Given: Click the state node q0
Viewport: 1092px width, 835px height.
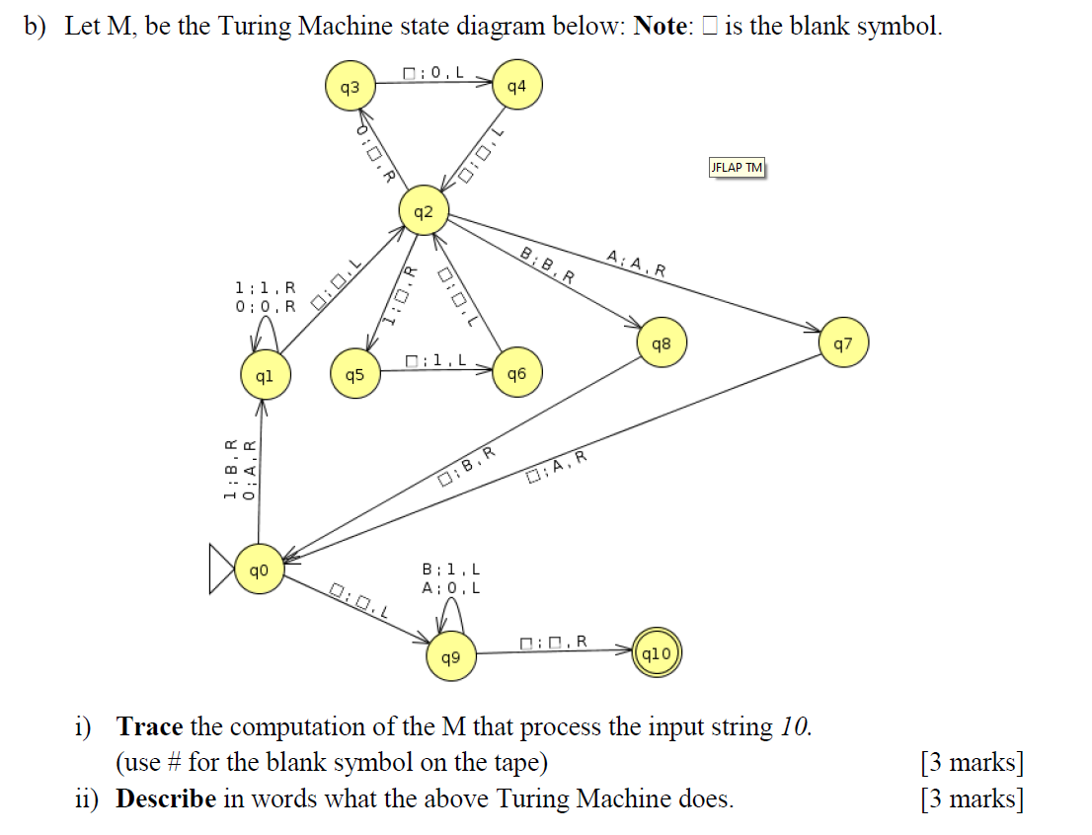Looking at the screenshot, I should tap(260, 570).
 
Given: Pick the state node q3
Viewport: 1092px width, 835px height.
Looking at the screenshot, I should tap(351, 88).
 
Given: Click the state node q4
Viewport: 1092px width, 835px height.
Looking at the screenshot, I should tap(516, 88).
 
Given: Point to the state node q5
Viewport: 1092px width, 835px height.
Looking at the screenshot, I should tap(355, 375).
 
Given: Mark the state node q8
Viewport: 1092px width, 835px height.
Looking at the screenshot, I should tap(662, 344).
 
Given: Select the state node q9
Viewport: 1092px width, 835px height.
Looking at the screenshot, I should tap(451, 655).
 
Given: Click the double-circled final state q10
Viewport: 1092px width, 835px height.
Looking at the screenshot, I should tap(657, 653).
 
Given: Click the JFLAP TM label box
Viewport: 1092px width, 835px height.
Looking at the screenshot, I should tap(737, 168).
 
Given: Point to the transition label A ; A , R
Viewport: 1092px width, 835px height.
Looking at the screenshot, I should tap(637, 264).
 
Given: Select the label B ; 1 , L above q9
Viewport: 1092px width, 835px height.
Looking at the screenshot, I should tap(451, 569).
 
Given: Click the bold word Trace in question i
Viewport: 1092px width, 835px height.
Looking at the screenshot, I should tap(149, 727).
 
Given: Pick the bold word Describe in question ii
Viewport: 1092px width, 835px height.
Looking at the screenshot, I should tap(165, 797).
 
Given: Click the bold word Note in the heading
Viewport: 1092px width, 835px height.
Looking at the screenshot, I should tap(660, 27).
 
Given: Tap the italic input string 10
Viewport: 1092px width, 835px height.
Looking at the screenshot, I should tap(794, 727).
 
